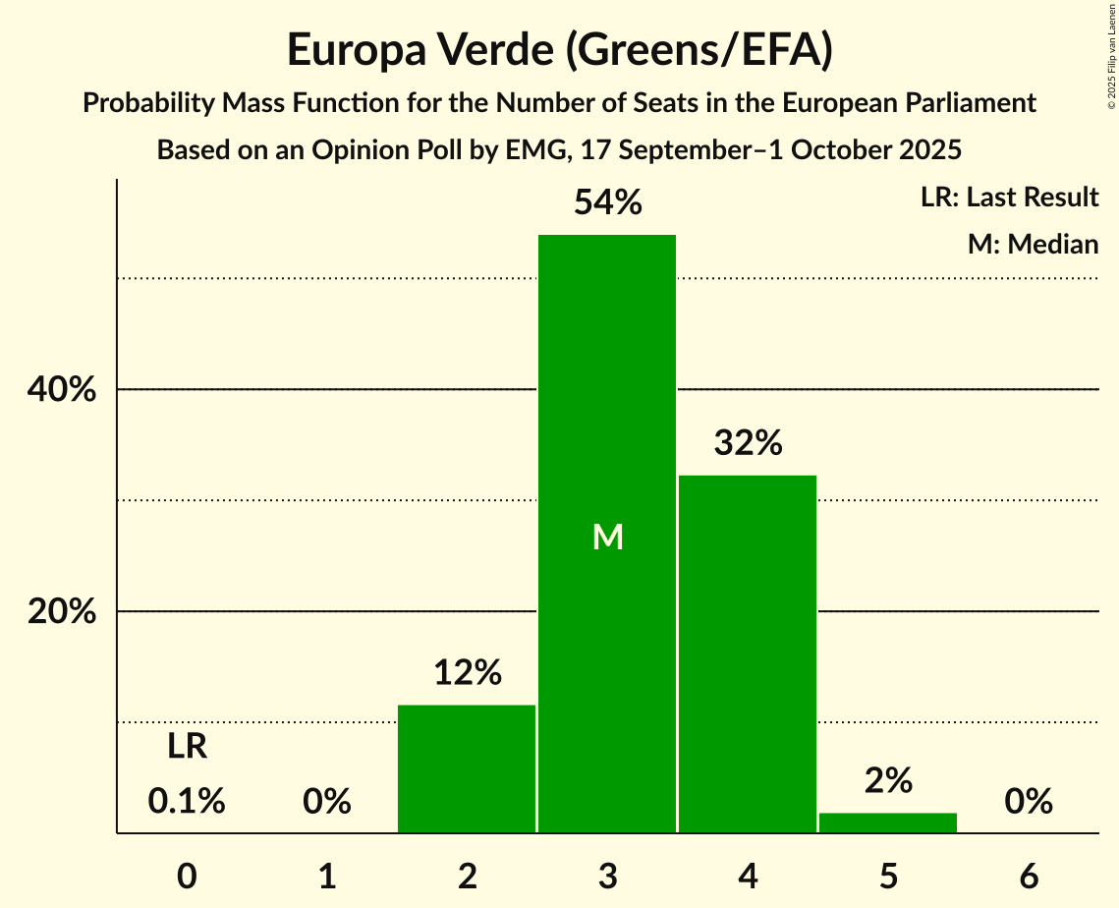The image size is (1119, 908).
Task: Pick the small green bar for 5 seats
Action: [888, 823]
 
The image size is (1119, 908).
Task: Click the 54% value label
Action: [608, 203]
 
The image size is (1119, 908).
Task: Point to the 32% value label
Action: [749, 443]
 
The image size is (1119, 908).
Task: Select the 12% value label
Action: [468, 673]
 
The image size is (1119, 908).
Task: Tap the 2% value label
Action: [889, 780]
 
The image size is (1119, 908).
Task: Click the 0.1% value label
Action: [187, 802]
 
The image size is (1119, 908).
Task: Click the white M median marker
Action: [608, 537]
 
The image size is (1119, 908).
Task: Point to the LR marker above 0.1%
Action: [187, 747]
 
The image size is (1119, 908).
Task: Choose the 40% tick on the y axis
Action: [61, 390]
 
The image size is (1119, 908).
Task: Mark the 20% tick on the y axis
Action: [61, 612]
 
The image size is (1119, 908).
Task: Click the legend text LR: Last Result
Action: [1009, 198]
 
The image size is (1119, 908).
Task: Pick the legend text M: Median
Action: [1033, 244]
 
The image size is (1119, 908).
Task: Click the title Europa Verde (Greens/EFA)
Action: [560, 50]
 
